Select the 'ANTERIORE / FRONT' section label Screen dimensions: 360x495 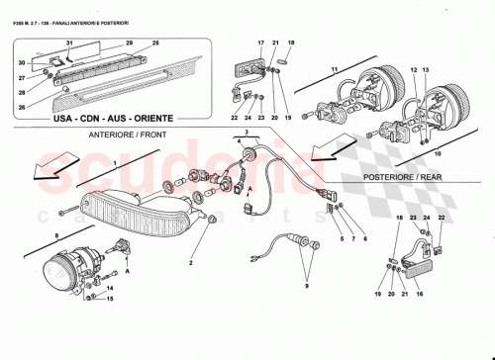(x=125, y=134)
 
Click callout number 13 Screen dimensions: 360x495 (x=429, y=71)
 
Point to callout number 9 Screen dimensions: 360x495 (x=308, y=288)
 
